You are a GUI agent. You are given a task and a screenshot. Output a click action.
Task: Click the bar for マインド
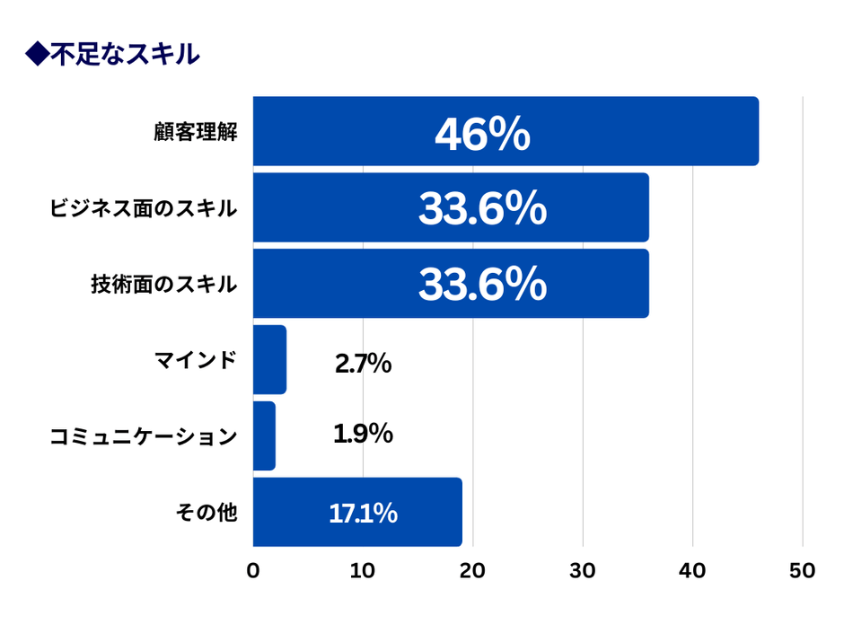[269, 360]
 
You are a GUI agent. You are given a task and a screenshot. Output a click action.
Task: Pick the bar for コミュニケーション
[264, 436]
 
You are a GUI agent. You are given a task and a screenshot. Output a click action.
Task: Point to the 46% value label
[482, 135]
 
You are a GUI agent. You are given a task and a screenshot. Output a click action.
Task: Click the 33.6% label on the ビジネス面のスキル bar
[482, 210]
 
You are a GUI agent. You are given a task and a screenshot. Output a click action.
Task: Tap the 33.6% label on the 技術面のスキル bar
[482, 286]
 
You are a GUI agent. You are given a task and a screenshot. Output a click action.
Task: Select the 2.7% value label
[363, 364]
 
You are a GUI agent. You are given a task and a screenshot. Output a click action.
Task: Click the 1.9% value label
[363, 434]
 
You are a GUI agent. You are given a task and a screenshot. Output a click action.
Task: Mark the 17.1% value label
[363, 514]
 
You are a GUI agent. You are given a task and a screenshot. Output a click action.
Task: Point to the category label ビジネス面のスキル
[144, 210]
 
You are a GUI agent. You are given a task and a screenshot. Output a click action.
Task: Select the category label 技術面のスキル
[163, 286]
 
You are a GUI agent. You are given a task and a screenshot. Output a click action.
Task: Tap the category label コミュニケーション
[144, 437]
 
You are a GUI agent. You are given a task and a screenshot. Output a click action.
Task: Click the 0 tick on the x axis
[253, 571]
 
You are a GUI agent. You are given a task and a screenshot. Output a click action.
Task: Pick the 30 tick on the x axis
[583, 571]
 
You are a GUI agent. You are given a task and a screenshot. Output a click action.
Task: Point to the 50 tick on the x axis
[803, 571]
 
